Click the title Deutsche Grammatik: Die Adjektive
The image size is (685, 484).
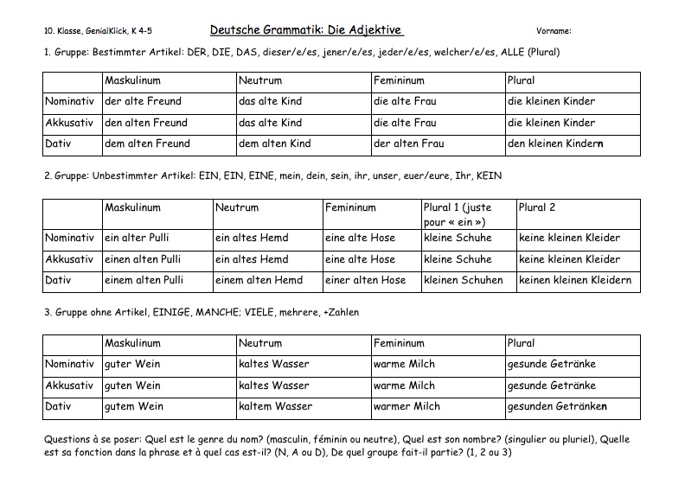306,30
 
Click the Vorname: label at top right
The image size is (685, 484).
554,31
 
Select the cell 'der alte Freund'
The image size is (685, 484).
143,102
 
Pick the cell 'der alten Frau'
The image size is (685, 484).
408,143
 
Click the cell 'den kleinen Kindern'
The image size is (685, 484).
555,143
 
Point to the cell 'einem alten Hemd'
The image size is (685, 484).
259,280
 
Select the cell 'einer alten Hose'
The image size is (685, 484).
366,280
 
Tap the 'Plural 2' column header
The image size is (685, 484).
537,208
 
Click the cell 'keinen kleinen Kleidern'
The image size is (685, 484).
575,280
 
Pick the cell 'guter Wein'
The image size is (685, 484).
132,365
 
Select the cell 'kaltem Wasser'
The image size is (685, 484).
276,406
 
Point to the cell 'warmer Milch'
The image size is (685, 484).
407,406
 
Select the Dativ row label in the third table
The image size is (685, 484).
60,406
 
